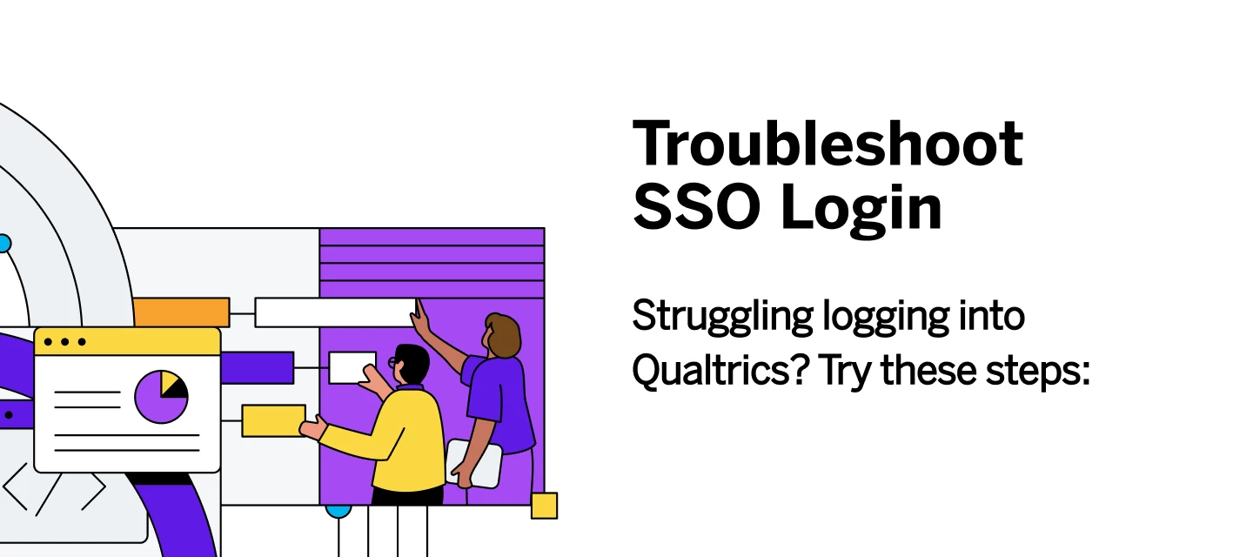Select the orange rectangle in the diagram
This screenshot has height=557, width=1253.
point(181,312)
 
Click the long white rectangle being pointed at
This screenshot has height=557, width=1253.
point(334,312)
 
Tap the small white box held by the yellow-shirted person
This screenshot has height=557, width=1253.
point(351,366)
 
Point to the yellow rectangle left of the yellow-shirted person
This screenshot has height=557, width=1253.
point(273,420)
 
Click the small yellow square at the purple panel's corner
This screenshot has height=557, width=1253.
point(544,506)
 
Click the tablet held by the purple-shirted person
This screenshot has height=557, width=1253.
point(475,462)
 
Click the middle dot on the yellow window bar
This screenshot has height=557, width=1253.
point(65,342)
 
